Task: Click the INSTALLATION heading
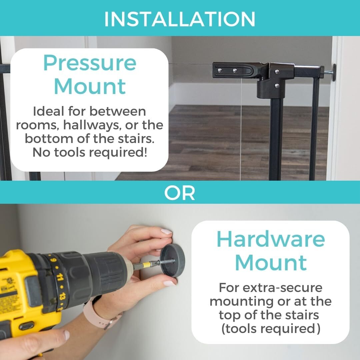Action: (180, 19)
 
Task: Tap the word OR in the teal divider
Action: (180, 193)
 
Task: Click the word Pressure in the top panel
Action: (90, 63)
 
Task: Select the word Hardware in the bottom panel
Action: (271, 239)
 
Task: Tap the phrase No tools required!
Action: (90, 152)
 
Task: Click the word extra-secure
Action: (282, 287)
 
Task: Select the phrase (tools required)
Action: (271, 329)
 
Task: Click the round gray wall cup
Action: (172, 261)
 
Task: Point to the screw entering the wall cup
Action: (167, 262)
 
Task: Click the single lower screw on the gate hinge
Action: (277, 86)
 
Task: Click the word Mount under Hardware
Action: (271, 263)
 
